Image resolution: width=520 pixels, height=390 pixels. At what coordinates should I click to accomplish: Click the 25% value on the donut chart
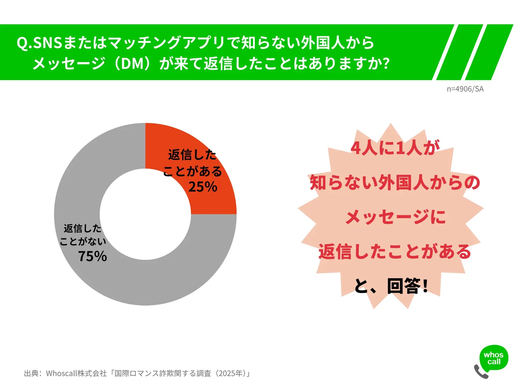[203, 187]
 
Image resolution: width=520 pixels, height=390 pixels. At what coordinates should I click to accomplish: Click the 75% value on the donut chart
[92, 256]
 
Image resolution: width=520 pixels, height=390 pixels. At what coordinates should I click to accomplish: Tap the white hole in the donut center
[145, 214]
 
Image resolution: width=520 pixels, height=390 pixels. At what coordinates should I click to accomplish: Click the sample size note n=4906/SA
[465, 89]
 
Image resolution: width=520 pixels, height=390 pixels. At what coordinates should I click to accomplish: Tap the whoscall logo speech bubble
[494, 358]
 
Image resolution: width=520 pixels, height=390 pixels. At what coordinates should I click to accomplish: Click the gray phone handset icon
[481, 372]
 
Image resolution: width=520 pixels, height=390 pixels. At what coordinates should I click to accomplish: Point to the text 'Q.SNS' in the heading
[39, 43]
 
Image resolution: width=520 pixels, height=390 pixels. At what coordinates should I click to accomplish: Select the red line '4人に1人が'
[395, 148]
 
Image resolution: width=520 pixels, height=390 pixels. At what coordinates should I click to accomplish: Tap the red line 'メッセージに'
[395, 217]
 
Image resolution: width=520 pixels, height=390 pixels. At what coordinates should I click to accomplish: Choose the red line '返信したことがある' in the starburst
[395, 251]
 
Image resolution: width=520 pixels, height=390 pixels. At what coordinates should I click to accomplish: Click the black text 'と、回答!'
[391, 286]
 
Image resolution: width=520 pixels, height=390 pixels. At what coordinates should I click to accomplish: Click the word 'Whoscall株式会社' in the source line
[76, 373]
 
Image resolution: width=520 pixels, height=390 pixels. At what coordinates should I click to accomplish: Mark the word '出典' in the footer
[31, 373]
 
